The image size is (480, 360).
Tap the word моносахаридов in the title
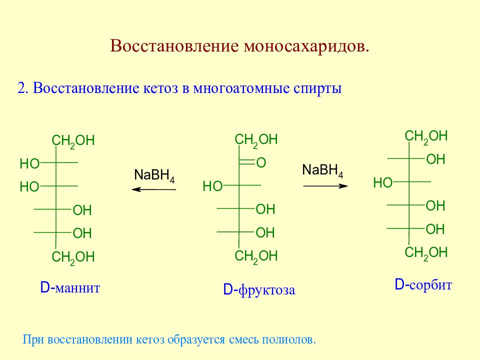[x=306, y=46]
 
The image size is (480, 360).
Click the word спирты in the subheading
[x=318, y=89]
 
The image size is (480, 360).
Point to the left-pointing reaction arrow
[x=153, y=189]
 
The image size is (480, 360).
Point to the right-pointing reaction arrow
[x=325, y=186]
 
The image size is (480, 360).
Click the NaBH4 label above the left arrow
[x=154, y=175]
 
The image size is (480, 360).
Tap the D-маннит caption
[x=70, y=288]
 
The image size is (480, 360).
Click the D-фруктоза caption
[x=259, y=290]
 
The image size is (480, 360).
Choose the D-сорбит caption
[x=423, y=285]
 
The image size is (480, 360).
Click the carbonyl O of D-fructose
[x=261, y=162]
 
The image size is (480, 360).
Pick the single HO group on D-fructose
[x=212, y=186]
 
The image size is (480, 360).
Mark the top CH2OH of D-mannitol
[x=73, y=141]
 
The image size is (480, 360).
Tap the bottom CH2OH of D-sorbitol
[x=426, y=253]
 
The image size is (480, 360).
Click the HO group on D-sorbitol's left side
[x=382, y=183]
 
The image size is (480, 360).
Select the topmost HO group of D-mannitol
[x=29, y=164]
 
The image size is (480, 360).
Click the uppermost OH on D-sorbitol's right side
[x=435, y=159]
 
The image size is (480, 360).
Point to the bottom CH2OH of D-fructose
[x=256, y=256]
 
